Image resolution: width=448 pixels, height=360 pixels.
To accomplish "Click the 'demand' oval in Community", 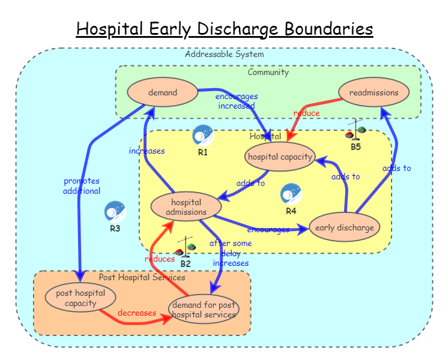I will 163,92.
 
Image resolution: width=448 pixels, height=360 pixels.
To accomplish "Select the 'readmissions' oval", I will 374,92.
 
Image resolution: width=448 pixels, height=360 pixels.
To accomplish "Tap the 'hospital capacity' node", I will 280,157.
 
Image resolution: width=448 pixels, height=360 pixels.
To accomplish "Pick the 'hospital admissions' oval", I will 186,206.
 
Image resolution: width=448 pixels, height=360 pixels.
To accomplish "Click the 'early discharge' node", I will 345,227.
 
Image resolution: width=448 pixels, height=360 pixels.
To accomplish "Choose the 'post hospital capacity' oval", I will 80,298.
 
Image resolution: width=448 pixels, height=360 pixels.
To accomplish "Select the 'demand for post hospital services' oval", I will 204,310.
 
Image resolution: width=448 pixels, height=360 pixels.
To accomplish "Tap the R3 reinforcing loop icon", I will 115,212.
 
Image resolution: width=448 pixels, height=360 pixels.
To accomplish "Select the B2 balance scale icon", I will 186,248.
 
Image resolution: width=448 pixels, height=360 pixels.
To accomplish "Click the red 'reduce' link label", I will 306,113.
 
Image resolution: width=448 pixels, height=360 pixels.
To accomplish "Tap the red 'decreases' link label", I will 137,313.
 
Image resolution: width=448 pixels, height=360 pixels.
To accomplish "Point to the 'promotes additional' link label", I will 82,186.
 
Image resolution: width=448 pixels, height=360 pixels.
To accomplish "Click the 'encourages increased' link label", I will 237,101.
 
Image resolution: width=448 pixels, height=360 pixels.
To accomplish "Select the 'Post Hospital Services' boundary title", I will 142,277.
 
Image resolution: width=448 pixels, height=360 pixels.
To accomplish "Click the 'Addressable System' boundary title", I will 224,54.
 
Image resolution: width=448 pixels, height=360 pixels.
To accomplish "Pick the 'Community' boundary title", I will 268,72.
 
